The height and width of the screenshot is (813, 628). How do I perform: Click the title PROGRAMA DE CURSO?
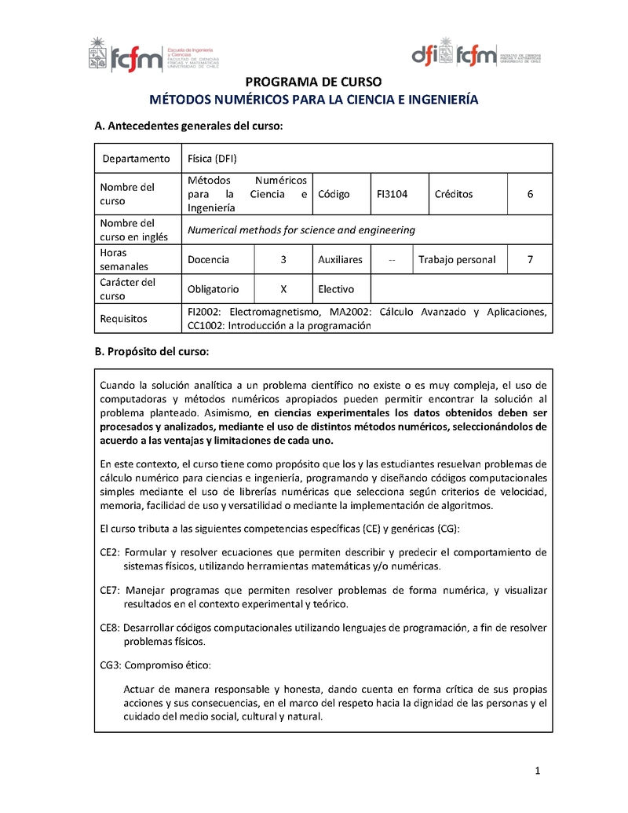point(313,82)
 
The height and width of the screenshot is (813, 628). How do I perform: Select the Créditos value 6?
point(530,194)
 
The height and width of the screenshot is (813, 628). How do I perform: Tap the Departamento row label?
point(136,159)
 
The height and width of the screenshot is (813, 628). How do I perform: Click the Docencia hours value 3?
point(283,259)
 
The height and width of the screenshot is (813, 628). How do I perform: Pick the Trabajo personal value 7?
point(530,259)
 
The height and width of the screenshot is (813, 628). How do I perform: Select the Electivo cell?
point(336,289)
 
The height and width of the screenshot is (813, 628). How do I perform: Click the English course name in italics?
point(301,230)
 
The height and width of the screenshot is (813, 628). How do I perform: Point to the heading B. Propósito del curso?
point(152,352)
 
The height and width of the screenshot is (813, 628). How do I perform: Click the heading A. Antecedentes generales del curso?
point(188,126)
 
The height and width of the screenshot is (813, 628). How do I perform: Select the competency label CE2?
point(108,552)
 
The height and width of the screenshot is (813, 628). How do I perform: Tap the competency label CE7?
point(108,590)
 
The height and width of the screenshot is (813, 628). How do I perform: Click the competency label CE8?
point(108,628)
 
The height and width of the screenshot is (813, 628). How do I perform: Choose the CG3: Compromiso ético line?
point(155,665)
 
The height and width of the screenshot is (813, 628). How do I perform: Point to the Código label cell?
point(334,194)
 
